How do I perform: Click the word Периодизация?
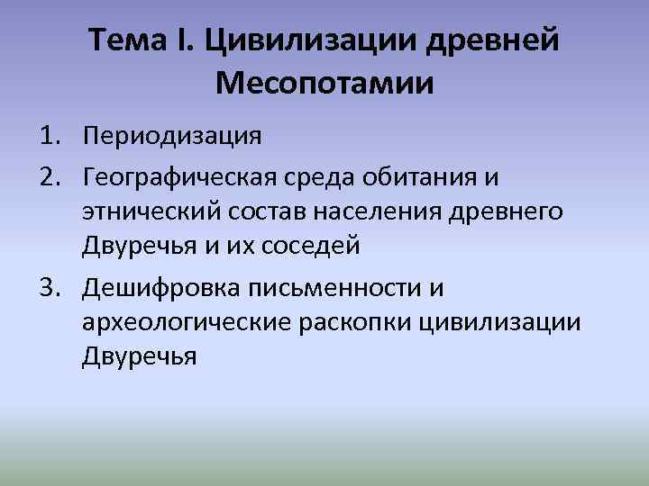click(171, 137)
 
